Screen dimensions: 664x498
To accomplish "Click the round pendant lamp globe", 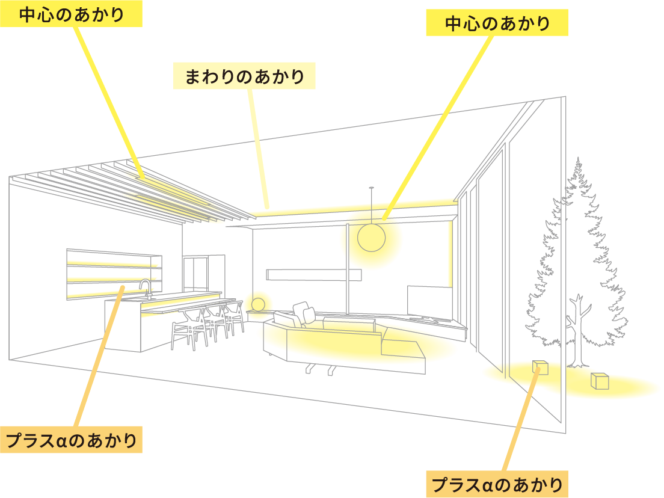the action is (x=371, y=238).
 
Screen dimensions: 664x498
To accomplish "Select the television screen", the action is (x=429, y=301).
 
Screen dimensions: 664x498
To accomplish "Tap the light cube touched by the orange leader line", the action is (x=540, y=367).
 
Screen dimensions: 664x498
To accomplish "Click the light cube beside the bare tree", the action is (x=600, y=381).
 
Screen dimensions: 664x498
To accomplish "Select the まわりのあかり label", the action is (x=244, y=76).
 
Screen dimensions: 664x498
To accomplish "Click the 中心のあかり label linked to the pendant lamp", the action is (x=497, y=23).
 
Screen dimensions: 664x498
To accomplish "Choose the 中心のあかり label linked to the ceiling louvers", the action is (x=71, y=14).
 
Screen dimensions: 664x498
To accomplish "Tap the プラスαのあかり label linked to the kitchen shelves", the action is (x=71, y=440).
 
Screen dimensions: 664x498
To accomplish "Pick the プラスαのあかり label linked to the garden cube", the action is (x=497, y=484).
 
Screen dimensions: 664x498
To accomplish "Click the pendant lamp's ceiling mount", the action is (x=371, y=187).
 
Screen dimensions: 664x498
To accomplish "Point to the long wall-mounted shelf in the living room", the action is (x=314, y=274).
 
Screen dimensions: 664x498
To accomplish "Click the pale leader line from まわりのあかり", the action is (x=257, y=149).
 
